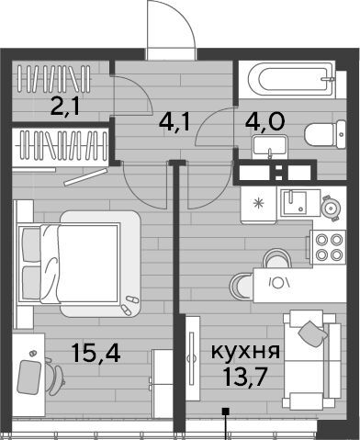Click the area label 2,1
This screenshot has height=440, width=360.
(65, 107)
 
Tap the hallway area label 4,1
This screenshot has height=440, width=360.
(174, 121)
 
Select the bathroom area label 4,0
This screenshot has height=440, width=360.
(265, 121)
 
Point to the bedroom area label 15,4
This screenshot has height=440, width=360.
(96, 352)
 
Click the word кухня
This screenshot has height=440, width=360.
(245, 351)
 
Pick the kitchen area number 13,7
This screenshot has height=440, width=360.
(245, 377)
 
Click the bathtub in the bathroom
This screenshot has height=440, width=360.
(291, 79)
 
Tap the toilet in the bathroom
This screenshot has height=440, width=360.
(325, 134)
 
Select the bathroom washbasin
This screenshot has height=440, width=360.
(270, 148)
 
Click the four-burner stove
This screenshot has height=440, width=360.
(328, 247)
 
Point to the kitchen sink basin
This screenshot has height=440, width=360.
(294, 203)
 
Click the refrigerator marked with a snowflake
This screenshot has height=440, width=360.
(259, 204)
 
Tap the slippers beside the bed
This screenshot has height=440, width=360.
(129, 305)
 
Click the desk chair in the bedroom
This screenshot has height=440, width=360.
(54, 377)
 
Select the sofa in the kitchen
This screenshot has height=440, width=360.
(311, 359)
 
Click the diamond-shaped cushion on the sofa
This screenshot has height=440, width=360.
(311, 333)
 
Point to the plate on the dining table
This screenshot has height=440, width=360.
(278, 284)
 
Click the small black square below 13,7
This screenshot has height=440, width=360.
(226, 412)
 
